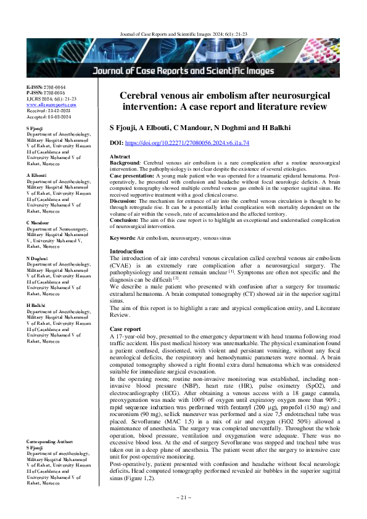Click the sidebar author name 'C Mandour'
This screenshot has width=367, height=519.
pos(38,221)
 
